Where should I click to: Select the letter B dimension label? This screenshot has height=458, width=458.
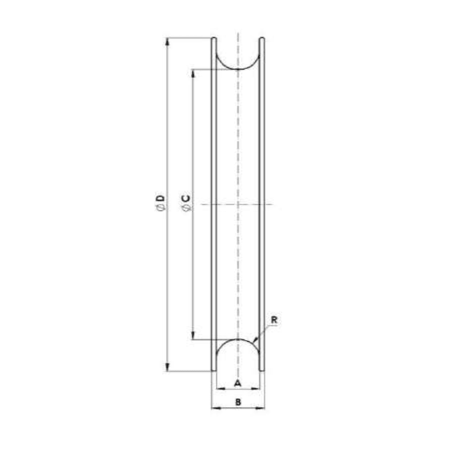pyautogui.click(x=238, y=402)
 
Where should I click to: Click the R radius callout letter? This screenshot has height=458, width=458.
pyautogui.click(x=274, y=321)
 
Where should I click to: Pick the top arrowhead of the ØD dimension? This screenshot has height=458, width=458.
pyautogui.click(x=167, y=42)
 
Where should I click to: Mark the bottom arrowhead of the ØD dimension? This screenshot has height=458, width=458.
pyautogui.click(x=167, y=367)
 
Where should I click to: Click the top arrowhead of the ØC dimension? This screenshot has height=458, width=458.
pyautogui.click(x=193, y=73)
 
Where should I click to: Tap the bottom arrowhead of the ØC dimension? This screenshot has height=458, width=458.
pyautogui.click(x=193, y=335)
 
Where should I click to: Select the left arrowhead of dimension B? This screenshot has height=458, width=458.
pyautogui.click(x=215, y=408)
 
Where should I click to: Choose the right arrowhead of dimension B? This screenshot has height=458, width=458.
pyautogui.click(x=262, y=408)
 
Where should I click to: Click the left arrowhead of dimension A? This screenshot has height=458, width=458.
pyautogui.click(x=218, y=388)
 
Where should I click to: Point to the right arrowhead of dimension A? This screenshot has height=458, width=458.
pyautogui.click(x=258, y=388)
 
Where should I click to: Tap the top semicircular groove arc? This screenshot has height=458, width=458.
pyautogui.click(x=238, y=69)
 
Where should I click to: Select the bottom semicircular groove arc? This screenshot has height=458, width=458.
pyautogui.click(x=238, y=339)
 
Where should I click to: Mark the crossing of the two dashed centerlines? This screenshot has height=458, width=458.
pyautogui.click(x=238, y=204)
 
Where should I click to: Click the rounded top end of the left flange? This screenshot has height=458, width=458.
pyautogui.click(x=215, y=39)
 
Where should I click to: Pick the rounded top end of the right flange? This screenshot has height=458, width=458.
pyautogui.click(x=262, y=39)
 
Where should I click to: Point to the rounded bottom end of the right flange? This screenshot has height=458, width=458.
pyautogui.click(x=262, y=369)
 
